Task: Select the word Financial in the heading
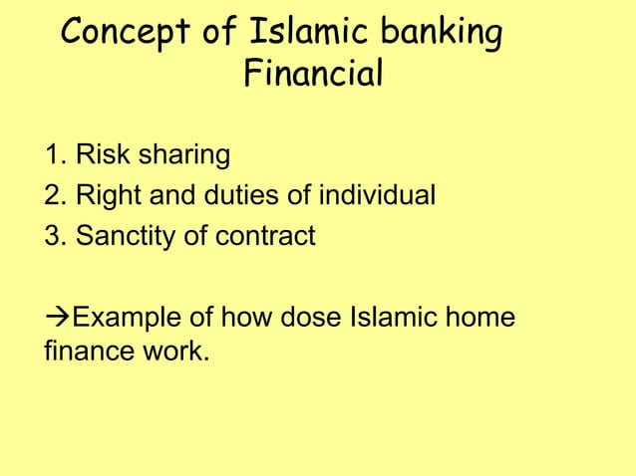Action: pyautogui.click(x=312, y=76)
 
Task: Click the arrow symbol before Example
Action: pyautogui.click(x=59, y=319)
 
